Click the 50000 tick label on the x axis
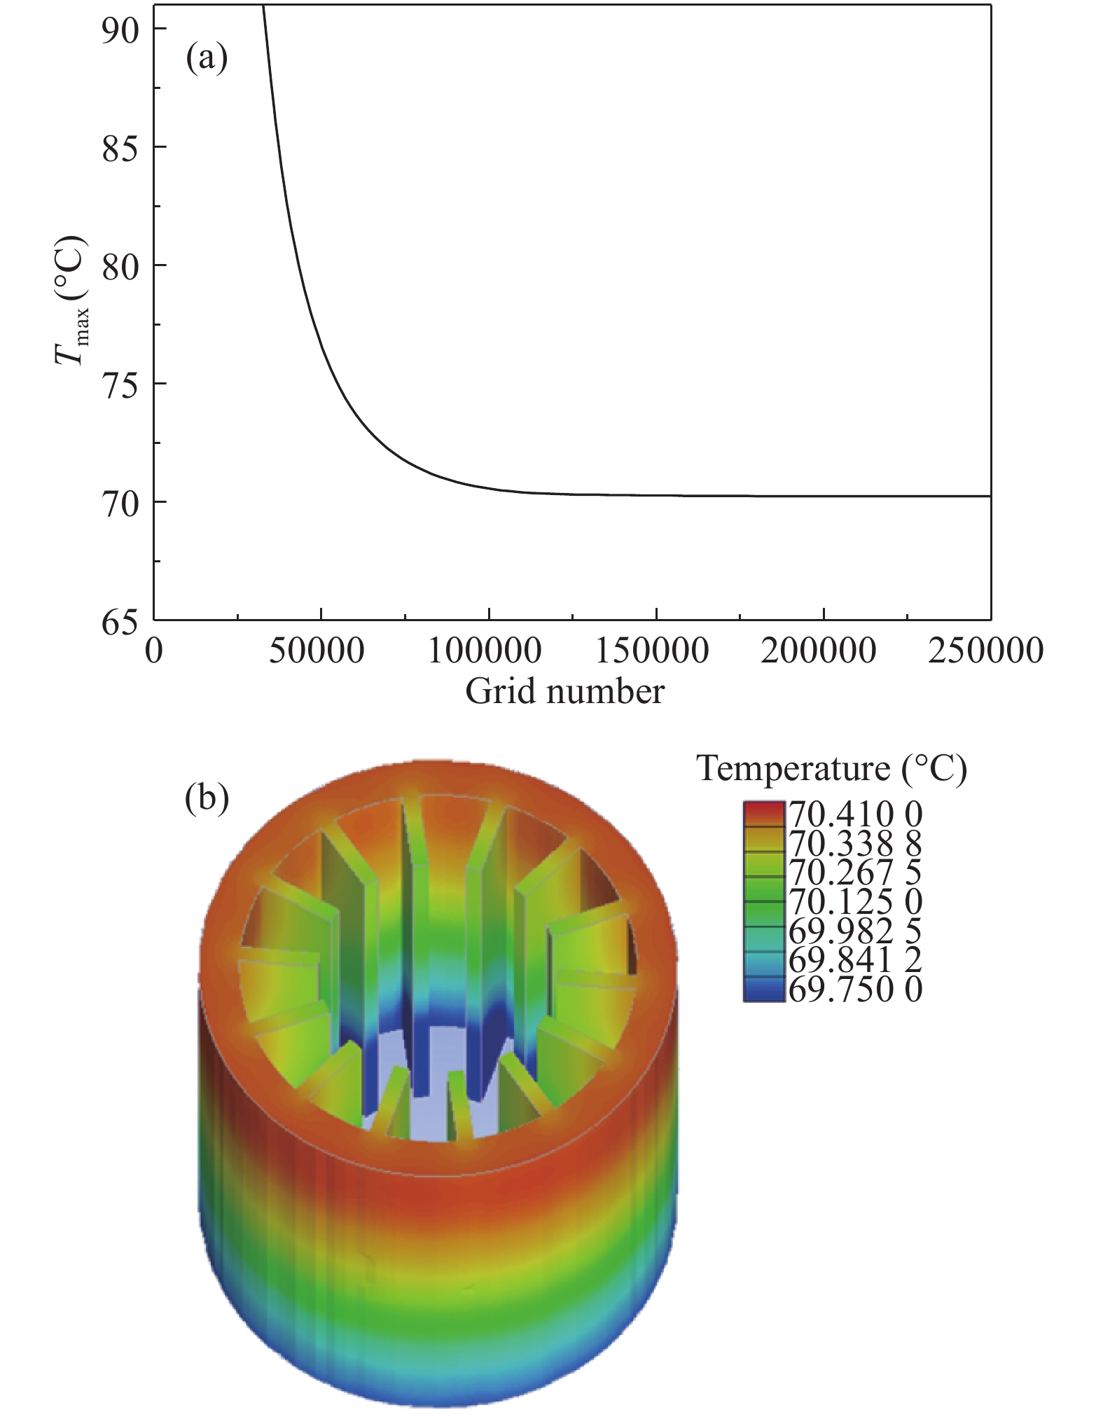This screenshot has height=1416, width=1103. [x=317, y=651]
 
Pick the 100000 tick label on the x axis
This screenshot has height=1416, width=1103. [x=485, y=651]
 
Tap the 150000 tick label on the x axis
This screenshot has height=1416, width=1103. [x=652, y=651]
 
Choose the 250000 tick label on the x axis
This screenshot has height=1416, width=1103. [x=986, y=651]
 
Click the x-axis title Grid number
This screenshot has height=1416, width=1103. [x=564, y=692]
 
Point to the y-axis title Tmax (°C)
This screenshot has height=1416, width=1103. [x=72, y=301]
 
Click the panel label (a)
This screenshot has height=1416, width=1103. [x=207, y=59]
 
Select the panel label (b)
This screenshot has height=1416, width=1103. [x=207, y=798]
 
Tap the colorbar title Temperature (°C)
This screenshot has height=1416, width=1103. [x=831, y=769]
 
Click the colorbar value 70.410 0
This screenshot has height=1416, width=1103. [x=855, y=814]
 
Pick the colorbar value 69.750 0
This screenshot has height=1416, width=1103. [x=855, y=990]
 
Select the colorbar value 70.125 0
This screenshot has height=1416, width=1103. [x=855, y=902]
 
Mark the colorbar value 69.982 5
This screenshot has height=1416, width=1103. [x=855, y=931]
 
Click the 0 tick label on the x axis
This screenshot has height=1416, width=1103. [x=154, y=651]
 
